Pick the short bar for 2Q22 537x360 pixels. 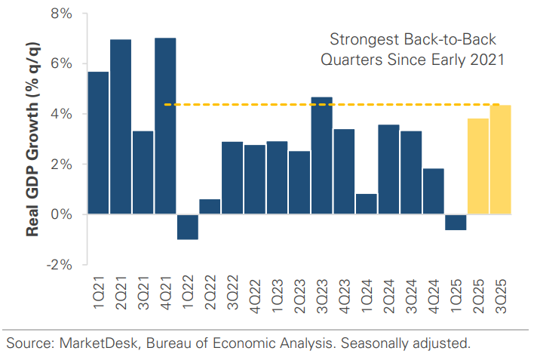(x=210, y=207)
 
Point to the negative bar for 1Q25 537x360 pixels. (x=456, y=222)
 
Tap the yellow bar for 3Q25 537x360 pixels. (x=500, y=160)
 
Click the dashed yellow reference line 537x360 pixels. (x=241, y=105)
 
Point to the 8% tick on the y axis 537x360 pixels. (x=61, y=14)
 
